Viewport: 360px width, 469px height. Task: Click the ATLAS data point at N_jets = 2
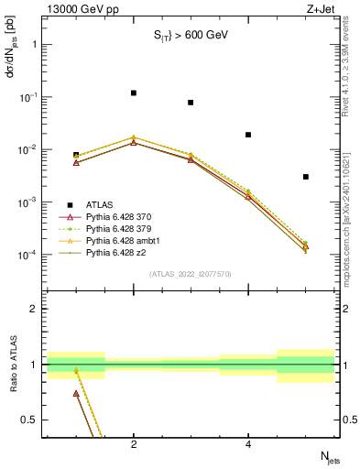(134, 93)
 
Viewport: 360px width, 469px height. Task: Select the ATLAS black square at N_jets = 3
(191, 103)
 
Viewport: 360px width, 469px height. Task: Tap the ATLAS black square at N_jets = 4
(248, 135)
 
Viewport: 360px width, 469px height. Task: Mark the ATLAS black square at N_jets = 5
(306, 177)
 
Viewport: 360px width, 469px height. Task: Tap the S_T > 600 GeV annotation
(190, 36)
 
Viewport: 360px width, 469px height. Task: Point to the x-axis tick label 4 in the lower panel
(248, 445)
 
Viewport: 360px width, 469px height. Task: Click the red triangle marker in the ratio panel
(76, 393)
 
